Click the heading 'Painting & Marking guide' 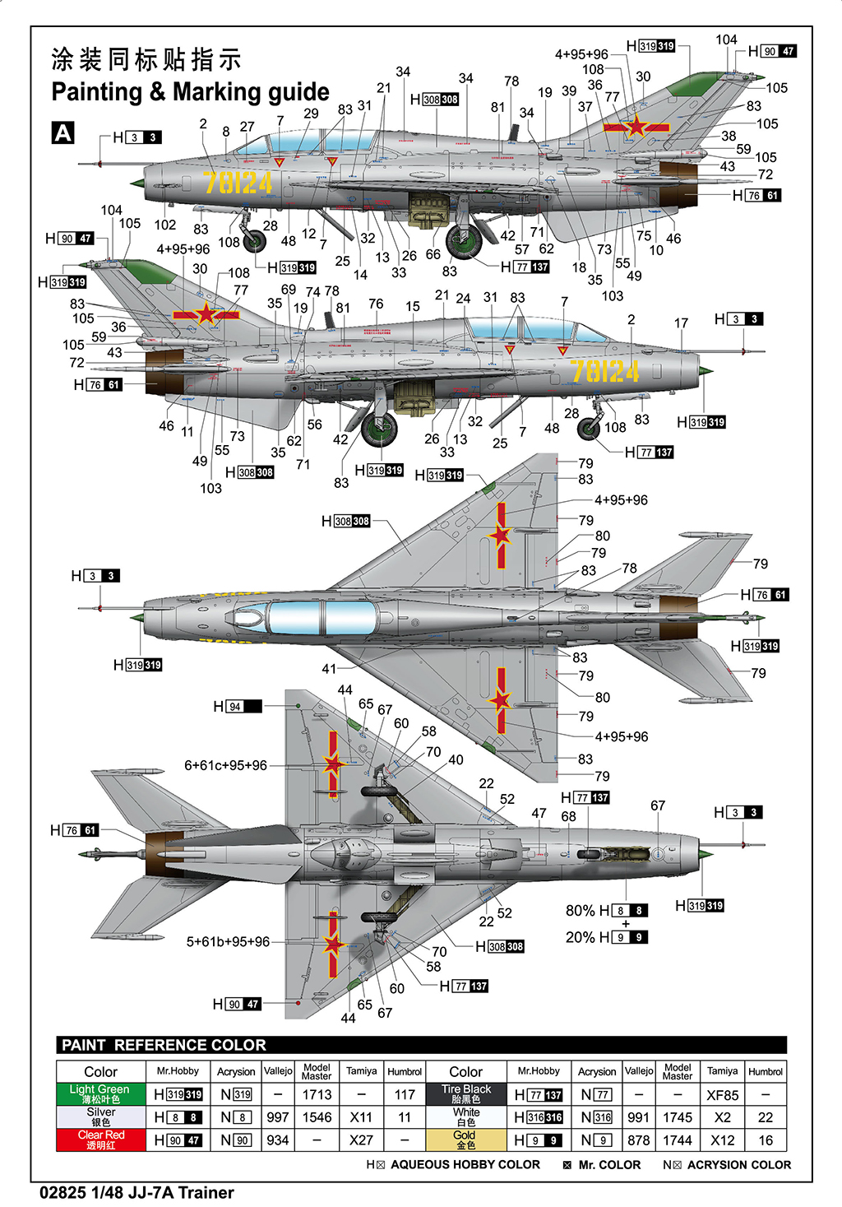(190, 91)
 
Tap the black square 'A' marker (62, 133)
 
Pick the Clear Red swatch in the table (101, 1140)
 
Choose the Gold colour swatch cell (465, 1140)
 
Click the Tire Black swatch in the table (465, 1093)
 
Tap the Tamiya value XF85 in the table (722, 1095)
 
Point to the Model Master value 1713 (317, 1095)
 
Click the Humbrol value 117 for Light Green (405, 1095)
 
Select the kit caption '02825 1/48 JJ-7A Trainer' (136, 1192)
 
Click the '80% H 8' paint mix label (606, 911)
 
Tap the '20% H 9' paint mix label (606, 937)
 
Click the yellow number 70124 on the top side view (238, 183)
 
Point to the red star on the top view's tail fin (636, 127)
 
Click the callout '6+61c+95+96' (225, 765)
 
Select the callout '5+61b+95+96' (228, 942)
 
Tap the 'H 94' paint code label (237, 706)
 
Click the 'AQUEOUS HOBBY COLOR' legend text (465, 1165)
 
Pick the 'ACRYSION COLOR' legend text (738, 1165)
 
